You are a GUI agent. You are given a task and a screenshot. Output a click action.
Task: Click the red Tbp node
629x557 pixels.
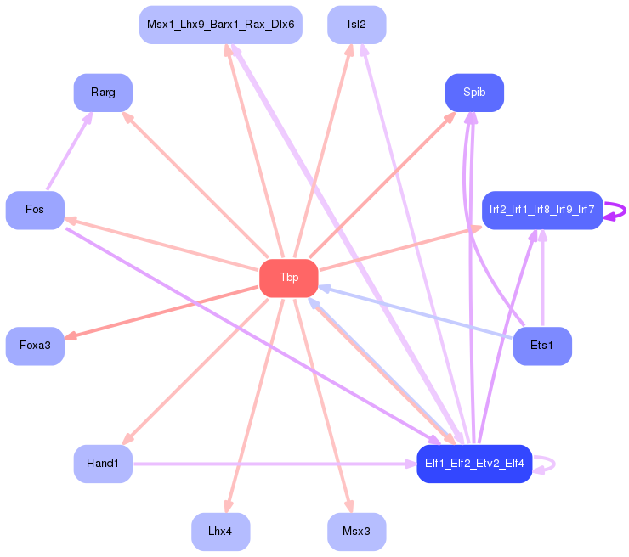tap(289, 278)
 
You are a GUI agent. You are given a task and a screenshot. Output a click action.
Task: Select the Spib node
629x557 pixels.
tap(474, 93)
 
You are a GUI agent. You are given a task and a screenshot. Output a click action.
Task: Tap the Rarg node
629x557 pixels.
tap(103, 93)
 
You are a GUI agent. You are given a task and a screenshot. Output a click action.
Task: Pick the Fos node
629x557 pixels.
tap(35, 210)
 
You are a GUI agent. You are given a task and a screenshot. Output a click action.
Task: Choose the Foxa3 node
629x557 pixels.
tap(35, 346)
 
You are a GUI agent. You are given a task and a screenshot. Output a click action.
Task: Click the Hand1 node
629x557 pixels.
tap(103, 463)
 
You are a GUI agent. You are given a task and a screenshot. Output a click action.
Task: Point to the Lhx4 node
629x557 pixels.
tap(220, 532)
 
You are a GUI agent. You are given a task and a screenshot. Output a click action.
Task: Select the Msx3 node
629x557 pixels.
tap(356, 532)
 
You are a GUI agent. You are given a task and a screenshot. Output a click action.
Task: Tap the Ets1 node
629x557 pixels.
tap(542, 346)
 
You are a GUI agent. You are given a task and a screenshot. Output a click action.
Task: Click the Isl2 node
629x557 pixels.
tap(356, 25)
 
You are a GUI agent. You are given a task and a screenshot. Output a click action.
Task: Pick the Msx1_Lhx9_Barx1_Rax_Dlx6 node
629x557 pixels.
tap(220, 25)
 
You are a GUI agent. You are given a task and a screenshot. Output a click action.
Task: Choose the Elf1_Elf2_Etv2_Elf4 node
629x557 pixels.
tap(474, 464)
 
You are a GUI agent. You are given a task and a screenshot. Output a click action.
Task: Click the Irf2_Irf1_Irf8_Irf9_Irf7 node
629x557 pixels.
tap(542, 210)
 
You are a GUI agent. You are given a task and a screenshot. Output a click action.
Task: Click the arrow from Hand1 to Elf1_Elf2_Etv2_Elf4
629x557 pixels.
tap(272, 464)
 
